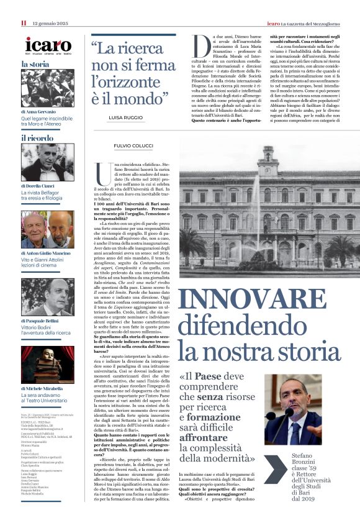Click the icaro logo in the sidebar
tap(48, 45)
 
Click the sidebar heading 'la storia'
tap(35, 64)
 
